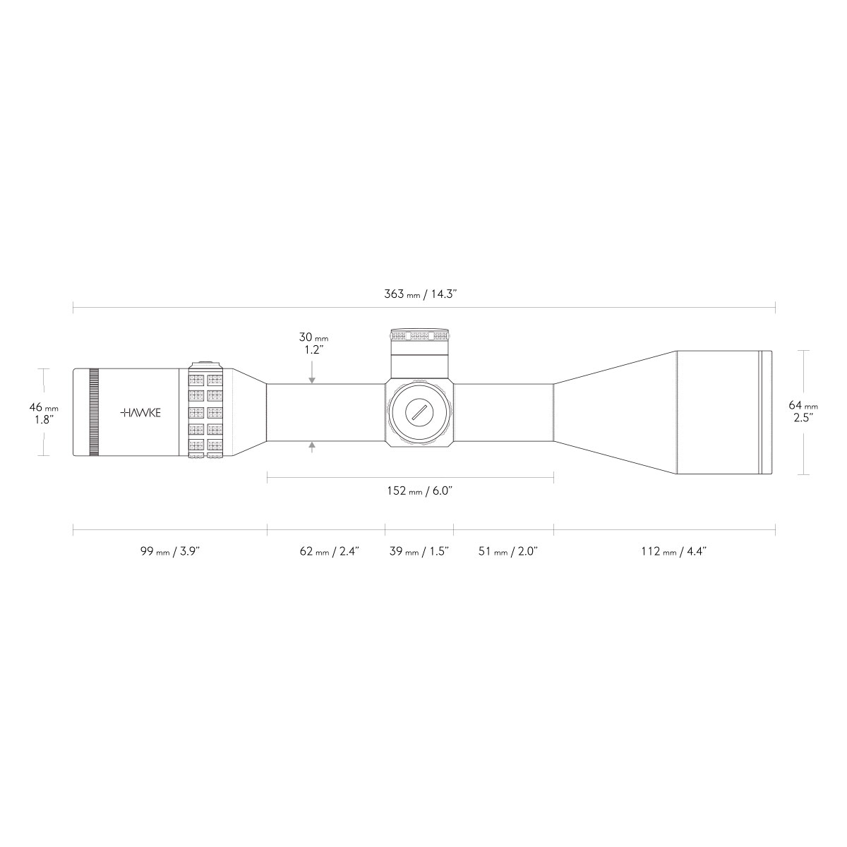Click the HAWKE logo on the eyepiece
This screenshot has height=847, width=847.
pos(140,413)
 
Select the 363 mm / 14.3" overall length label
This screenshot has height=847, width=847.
pos(421,294)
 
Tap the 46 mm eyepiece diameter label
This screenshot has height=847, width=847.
pos(44,413)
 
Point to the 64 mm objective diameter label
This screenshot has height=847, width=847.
pos(803,412)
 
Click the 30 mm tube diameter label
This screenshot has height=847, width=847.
pos(313,343)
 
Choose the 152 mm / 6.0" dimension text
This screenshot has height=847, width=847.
pos(420,491)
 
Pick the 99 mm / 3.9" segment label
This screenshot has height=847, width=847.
pos(170,551)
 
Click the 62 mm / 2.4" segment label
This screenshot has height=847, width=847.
pos(330,551)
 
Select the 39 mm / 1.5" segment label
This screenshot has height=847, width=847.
pos(419,551)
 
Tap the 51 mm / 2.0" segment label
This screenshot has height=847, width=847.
pos(508,551)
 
